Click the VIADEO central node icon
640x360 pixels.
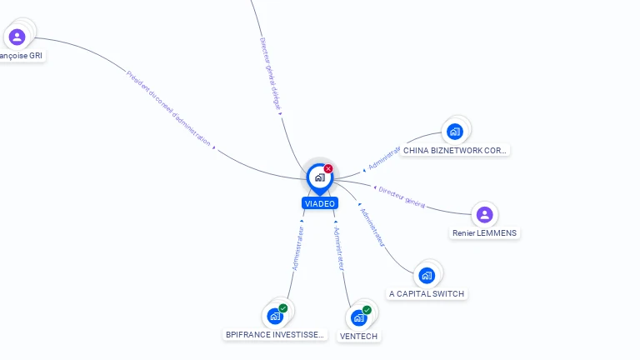pos(319,177)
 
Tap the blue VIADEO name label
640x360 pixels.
pos(320,203)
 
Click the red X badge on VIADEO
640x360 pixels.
pos(328,168)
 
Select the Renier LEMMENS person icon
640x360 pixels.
pos(484,215)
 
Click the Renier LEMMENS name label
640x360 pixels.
pos(484,233)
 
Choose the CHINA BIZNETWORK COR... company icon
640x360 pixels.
pos(454,131)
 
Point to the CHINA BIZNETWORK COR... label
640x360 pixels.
pos(454,151)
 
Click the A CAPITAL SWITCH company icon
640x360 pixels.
pos(427,275)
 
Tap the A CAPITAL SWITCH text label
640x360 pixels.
pos(427,293)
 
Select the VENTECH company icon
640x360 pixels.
pos(358,317)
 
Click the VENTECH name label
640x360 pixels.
pos(358,337)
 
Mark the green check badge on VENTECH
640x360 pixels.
pos(367,310)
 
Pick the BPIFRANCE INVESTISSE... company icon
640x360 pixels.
pos(274,317)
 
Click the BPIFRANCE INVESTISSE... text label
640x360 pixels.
pos(274,335)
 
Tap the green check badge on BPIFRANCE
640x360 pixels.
pos(282,308)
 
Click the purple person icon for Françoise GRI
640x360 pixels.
pos(17,37)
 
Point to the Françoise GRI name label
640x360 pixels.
pos(22,56)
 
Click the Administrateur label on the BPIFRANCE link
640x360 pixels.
pos(298,247)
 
